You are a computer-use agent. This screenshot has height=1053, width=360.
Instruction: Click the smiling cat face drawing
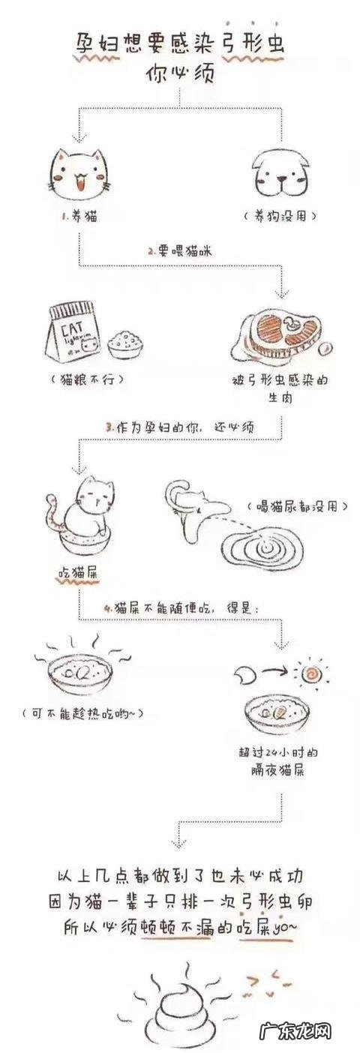click(79, 174)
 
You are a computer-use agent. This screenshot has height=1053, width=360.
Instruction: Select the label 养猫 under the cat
click(79, 217)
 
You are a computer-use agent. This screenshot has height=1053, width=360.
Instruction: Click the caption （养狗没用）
click(281, 215)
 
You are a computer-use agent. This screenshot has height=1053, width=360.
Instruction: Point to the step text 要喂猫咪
click(180, 252)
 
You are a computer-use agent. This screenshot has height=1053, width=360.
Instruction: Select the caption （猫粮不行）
click(90, 379)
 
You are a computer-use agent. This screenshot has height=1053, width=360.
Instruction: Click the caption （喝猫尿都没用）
click(297, 507)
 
